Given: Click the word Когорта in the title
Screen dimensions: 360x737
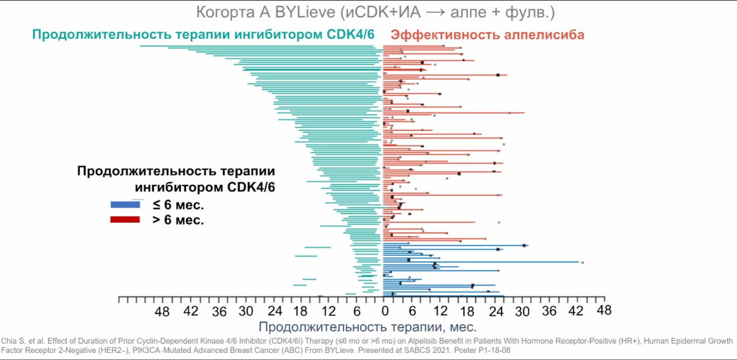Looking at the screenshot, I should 227,12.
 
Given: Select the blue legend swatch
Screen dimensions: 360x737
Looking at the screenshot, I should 125,205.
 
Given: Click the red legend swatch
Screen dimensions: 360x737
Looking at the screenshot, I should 125,219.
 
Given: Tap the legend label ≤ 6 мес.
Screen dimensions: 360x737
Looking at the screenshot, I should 177,205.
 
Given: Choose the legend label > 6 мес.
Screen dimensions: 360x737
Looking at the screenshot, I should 177,220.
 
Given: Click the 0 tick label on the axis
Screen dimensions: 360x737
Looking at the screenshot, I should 385,311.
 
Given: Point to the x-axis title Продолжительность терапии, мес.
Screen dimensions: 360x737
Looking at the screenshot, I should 367,327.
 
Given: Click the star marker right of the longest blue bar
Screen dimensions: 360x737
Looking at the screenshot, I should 582,262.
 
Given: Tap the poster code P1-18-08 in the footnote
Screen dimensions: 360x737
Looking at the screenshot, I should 490,350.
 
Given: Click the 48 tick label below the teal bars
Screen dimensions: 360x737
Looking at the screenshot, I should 162,311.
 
